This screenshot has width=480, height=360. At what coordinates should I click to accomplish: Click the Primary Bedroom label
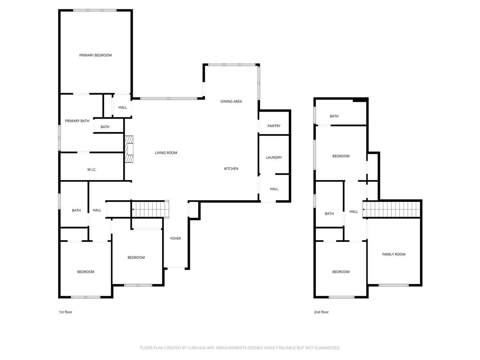pos(95,55)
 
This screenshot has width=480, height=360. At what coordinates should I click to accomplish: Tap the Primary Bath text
pos(77,121)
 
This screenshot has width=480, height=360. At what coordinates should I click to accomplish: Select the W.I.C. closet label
pos(91,170)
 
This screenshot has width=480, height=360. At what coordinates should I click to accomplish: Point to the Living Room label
pos(166,153)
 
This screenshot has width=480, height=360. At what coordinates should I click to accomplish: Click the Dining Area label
pos(231,101)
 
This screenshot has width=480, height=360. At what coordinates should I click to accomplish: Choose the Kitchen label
pos(231,169)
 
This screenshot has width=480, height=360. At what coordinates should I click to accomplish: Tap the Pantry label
pos(274,126)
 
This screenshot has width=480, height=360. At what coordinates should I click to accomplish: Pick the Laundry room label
pos(274,157)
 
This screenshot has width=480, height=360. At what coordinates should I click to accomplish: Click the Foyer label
pos(175,239)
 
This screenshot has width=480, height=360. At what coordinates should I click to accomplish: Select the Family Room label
pos(393,255)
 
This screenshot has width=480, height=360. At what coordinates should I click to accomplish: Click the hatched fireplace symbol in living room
pos(129,150)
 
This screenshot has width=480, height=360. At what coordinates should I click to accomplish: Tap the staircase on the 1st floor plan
pos(150,209)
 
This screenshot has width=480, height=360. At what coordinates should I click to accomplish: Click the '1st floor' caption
pos(65,312)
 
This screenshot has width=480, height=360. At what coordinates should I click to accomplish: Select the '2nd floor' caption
pos(321,312)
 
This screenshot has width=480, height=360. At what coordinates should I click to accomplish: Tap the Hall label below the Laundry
pos(274,189)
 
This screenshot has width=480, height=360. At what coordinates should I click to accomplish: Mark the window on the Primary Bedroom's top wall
pos(95,10)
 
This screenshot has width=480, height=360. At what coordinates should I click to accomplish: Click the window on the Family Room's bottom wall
pos(393,285)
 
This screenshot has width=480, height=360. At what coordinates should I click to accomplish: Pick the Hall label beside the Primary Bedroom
pos(122,107)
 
